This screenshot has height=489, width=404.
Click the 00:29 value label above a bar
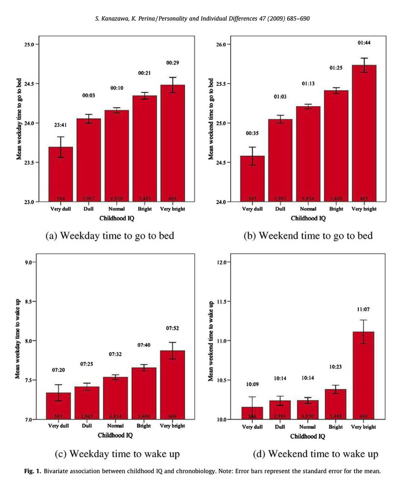tap(172, 64)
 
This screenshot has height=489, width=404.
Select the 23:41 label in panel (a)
tap(60, 126)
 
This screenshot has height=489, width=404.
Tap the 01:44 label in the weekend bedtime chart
tap(364, 43)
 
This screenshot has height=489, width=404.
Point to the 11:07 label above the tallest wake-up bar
tap(364, 310)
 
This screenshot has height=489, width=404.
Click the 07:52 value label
tap(172, 329)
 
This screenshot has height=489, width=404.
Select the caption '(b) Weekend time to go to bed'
tap(309, 236)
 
